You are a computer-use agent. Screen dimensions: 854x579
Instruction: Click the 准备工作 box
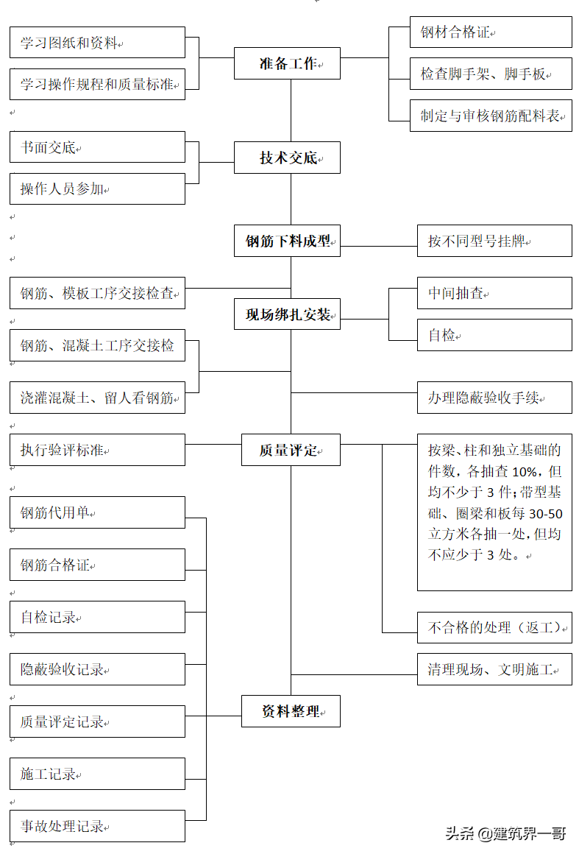tap(287, 63)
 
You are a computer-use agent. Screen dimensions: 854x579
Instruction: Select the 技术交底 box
tap(287, 158)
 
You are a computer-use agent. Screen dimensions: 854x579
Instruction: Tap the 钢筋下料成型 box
tap(287, 241)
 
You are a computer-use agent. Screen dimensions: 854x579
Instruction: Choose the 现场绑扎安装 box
tap(287, 315)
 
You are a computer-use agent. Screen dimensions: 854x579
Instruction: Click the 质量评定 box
tap(291, 450)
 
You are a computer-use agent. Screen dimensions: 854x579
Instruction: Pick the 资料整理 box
tap(291, 711)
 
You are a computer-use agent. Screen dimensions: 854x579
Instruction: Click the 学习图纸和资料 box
tap(97, 43)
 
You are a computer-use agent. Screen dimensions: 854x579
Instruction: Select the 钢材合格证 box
tap(491, 32)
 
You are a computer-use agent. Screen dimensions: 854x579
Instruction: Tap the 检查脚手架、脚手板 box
tap(491, 74)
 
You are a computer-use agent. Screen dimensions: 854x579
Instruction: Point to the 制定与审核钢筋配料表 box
tap(491, 116)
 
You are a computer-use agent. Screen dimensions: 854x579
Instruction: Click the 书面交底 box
tap(97, 147)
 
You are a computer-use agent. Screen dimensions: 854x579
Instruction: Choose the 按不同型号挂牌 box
tap(494, 241)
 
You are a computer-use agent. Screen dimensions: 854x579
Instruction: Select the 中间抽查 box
tap(494, 293)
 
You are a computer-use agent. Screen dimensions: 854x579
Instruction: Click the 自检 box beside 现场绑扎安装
tap(494, 335)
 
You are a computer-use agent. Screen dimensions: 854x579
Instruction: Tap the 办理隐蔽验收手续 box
tap(494, 398)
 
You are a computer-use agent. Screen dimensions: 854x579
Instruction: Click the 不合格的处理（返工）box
tap(494, 627)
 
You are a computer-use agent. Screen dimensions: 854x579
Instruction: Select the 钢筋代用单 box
tap(97, 512)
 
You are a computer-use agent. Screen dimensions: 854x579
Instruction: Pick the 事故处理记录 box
tap(97, 826)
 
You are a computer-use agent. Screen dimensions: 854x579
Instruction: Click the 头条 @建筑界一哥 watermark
tap(505, 833)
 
